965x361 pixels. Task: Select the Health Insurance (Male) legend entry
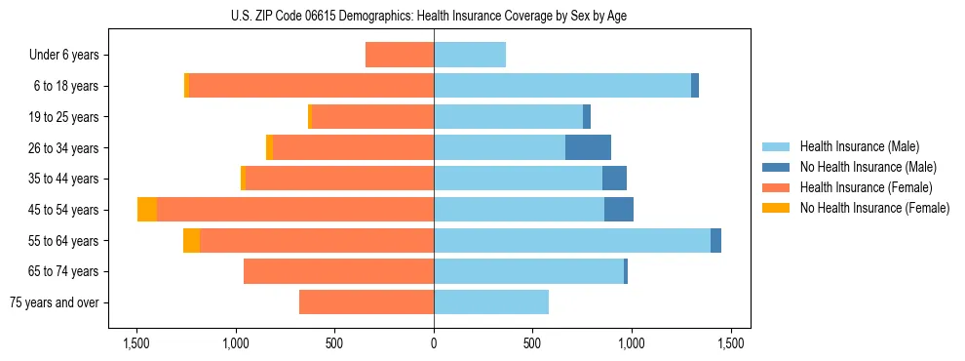pos(859,147)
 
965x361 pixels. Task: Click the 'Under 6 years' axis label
pos(64,55)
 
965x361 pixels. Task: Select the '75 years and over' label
pos(54,302)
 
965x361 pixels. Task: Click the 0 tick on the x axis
pos(434,343)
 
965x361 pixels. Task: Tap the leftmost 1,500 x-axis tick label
pos(135,343)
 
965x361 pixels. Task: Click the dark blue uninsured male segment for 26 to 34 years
pos(588,147)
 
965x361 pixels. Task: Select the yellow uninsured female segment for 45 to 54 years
pos(147,210)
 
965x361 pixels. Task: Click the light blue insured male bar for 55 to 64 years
pos(572,241)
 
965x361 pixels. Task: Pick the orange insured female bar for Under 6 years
pos(400,55)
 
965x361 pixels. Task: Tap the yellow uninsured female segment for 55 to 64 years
pos(192,241)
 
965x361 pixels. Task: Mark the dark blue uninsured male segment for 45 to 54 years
pos(619,210)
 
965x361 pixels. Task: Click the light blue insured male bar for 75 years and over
pos(491,302)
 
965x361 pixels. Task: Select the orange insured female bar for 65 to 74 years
pos(338,271)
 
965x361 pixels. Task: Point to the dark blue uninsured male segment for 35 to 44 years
pos(614,179)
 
